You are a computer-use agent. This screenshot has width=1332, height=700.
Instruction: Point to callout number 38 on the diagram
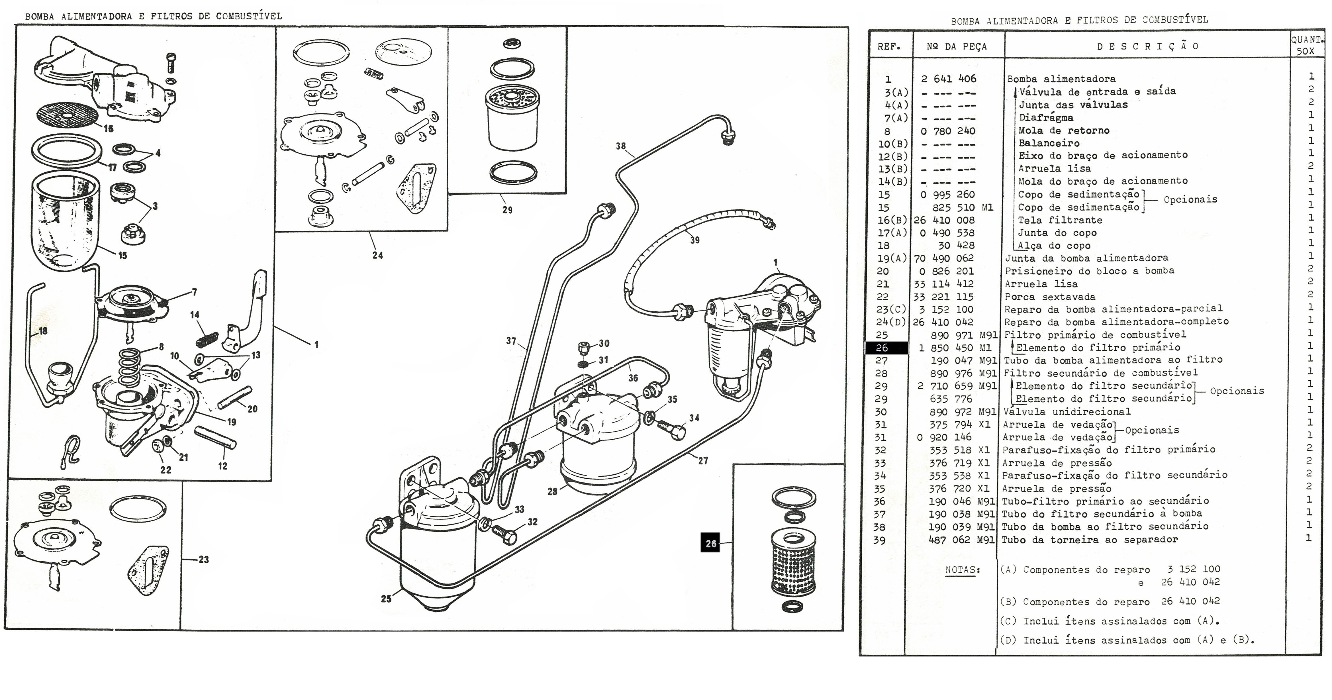[620, 146]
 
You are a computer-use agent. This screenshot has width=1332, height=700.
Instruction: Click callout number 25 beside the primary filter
[386, 599]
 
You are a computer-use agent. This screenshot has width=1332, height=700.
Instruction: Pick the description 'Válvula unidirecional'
[1067, 411]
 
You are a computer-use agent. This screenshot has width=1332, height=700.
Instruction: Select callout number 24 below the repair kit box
[377, 255]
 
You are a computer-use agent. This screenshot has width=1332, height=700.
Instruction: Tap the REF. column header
[889, 46]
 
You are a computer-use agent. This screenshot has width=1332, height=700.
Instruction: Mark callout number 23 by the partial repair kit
[204, 559]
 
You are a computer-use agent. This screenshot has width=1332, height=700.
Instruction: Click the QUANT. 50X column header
[1306, 46]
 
